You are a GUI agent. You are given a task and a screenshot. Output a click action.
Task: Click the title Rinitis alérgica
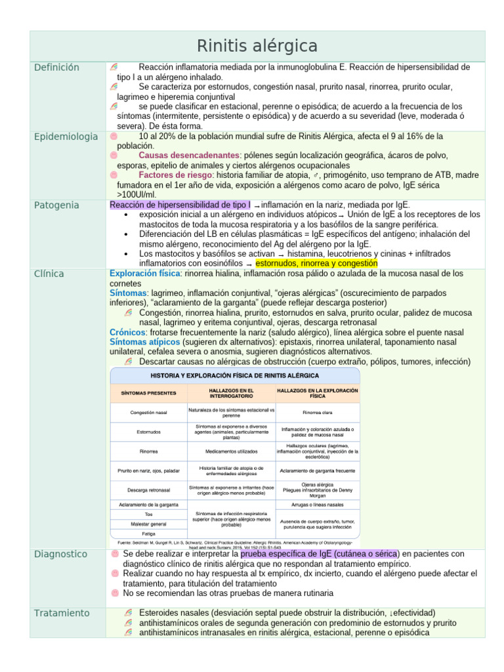257,46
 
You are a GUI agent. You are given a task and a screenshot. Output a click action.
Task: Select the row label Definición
56,68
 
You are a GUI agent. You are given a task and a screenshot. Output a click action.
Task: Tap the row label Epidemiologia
66,136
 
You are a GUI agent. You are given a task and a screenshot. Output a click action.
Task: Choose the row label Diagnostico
61,555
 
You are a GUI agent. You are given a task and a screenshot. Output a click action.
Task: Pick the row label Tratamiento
62,613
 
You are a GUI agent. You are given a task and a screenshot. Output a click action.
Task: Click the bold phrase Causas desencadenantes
189,156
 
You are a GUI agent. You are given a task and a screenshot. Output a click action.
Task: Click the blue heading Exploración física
146,273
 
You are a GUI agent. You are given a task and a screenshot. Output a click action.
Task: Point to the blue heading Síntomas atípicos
144,342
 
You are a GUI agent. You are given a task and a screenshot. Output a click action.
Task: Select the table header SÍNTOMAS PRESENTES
148,393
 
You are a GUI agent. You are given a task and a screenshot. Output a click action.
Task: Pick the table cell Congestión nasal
148,413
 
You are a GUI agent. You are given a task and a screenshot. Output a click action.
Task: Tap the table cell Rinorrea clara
317,413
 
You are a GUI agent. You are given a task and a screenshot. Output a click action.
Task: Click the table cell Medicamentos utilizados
230,451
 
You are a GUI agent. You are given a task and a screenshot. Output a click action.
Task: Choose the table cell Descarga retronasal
148,490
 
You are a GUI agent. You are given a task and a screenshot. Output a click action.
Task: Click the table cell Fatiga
148,534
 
